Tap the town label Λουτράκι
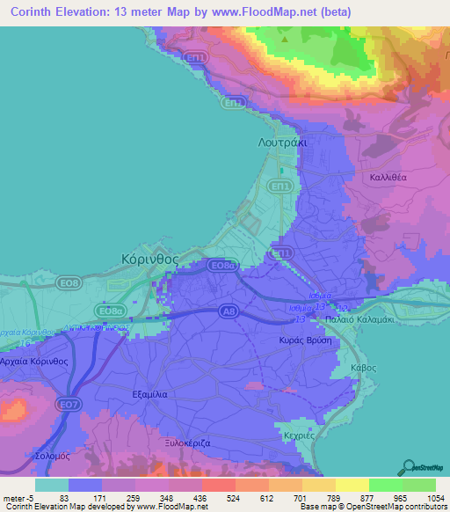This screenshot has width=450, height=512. point(287,141)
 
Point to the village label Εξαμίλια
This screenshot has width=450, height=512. point(156,395)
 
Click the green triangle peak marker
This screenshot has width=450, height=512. point(283,40)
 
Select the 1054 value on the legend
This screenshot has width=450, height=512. point(425,497)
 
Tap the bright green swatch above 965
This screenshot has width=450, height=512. point(385,485)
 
